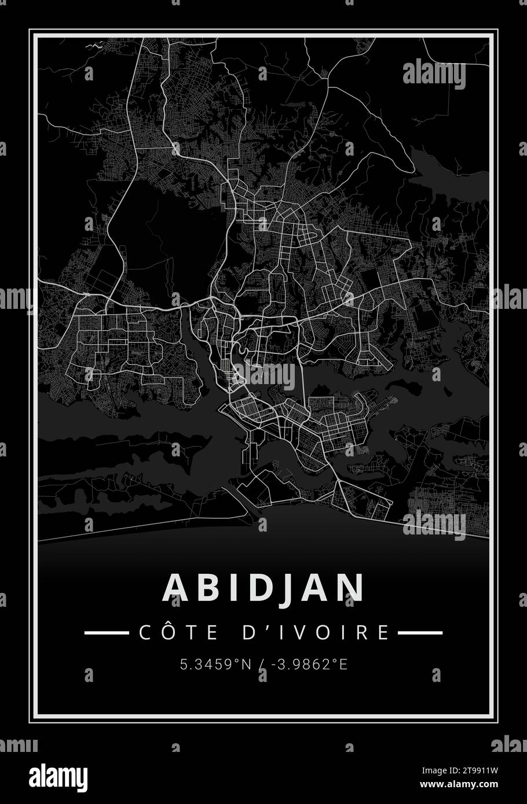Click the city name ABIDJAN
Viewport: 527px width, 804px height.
pyautogui.click(x=263, y=588)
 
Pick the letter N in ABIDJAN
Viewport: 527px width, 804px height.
pyautogui.click(x=352, y=588)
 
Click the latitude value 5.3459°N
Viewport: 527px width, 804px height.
pyautogui.click(x=215, y=665)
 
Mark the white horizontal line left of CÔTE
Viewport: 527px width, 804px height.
pyautogui.click(x=107, y=633)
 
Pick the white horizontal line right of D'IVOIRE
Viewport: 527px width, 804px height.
pyautogui.click(x=420, y=633)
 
